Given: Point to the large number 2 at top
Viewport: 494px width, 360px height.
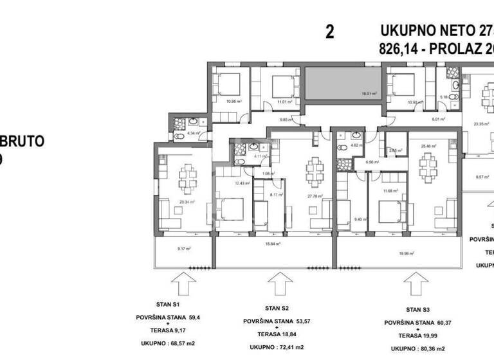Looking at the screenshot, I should point(330,32).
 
